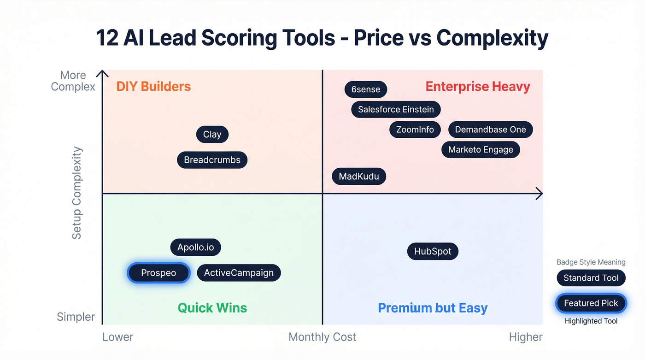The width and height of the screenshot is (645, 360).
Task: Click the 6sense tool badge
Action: click(366, 89)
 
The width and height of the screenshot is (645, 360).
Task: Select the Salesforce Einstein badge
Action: click(396, 110)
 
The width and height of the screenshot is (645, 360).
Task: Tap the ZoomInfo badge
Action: click(415, 130)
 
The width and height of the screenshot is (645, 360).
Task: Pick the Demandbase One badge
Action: click(490, 130)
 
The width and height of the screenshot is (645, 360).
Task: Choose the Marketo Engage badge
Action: click(481, 150)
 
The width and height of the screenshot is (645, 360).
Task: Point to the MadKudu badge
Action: click(359, 176)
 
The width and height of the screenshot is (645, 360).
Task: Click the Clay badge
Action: click(212, 135)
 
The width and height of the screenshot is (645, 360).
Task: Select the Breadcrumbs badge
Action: click(212, 160)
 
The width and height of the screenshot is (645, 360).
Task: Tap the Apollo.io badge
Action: click(196, 248)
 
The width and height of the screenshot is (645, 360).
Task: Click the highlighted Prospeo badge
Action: click(158, 273)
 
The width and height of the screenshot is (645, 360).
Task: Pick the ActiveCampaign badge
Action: click(239, 273)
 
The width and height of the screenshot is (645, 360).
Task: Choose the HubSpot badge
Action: click(433, 252)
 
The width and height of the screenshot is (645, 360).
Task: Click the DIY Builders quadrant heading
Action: click(153, 87)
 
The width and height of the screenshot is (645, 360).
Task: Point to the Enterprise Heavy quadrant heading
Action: click(478, 87)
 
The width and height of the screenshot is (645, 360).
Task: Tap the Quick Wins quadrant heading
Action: click(212, 308)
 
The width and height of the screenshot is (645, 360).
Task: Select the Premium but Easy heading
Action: click(433, 308)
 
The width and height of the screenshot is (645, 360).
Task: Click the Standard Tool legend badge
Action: click(591, 278)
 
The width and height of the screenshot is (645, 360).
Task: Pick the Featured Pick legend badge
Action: click(591, 303)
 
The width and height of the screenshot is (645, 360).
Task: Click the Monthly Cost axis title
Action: click(322, 337)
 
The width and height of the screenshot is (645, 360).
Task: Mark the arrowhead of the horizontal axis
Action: click(539, 194)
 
